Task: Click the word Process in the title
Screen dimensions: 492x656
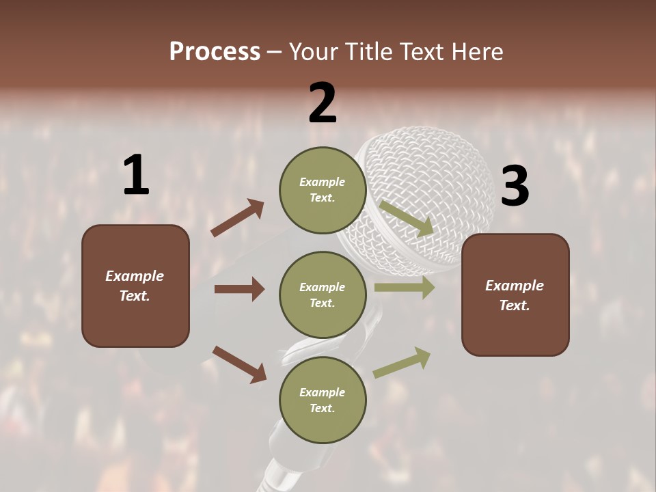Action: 215,52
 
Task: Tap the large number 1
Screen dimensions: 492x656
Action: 136,176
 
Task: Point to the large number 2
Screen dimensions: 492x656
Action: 323,103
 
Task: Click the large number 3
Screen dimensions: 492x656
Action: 515,187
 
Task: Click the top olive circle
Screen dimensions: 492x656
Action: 323,189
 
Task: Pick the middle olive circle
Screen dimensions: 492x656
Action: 323,295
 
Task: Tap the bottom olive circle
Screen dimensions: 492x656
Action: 323,400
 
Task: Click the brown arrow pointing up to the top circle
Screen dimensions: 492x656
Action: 237,219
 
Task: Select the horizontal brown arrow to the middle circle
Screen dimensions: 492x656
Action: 239,289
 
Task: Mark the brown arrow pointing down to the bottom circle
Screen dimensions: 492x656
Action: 239,364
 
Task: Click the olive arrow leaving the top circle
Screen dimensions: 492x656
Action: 407,219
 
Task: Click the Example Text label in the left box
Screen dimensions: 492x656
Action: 135,286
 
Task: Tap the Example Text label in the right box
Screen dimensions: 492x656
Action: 515,295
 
